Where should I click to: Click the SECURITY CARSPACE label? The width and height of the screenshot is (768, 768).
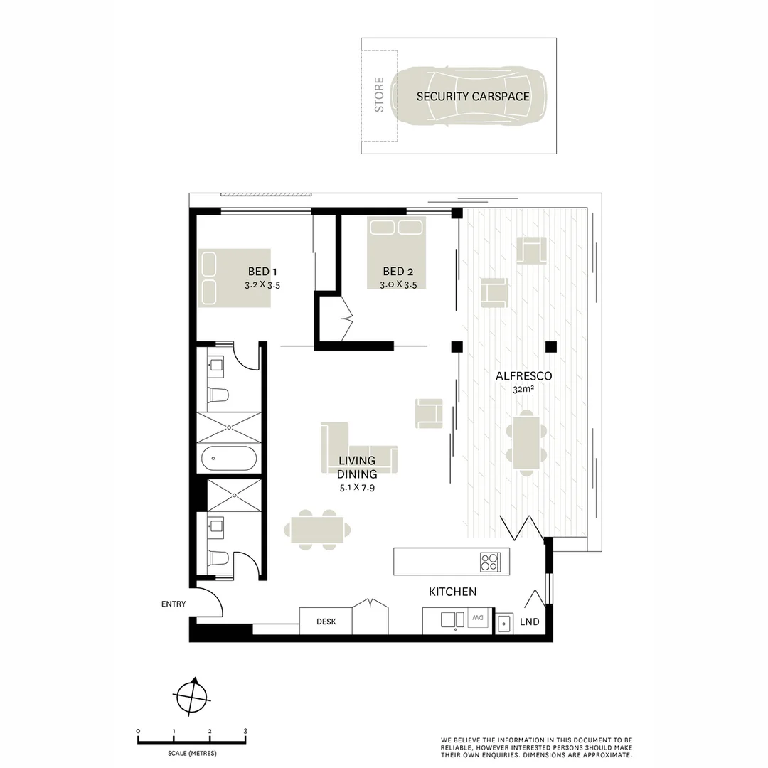(473, 96)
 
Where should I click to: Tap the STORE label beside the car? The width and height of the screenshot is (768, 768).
(379, 95)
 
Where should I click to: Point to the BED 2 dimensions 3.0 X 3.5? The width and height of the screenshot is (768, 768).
(398, 284)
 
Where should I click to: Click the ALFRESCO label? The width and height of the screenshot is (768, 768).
(524, 376)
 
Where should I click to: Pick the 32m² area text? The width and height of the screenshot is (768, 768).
(524, 389)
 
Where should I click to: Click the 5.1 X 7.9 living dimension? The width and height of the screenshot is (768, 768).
(358, 488)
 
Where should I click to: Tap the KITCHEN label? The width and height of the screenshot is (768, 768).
(452, 592)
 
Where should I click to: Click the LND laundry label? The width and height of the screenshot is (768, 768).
(530, 622)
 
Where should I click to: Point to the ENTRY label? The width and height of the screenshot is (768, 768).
(174, 604)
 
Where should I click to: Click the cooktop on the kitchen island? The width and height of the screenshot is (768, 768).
(490, 562)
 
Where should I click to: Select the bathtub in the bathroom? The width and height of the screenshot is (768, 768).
(228, 459)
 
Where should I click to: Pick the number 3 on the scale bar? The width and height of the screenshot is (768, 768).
(245, 731)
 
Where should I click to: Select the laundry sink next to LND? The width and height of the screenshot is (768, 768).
(503, 624)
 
